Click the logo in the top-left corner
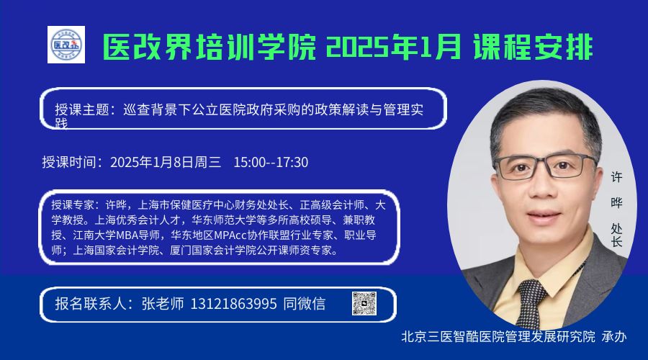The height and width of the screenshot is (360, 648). (x=66, y=45)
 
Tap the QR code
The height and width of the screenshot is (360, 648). (x=364, y=303)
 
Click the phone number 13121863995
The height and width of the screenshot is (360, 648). (x=233, y=305)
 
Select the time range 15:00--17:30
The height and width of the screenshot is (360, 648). (x=271, y=163)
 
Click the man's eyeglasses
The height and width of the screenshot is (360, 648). (x=546, y=166)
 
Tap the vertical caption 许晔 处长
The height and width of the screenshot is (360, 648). (x=616, y=210)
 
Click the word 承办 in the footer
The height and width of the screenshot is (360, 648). (x=614, y=336)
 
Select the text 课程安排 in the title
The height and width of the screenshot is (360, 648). (x=533, y=47)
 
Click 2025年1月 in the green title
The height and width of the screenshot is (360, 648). (x=393, y=47)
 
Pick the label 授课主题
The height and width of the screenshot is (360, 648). (x=82, y=109)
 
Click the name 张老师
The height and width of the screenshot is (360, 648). (x=163, y=305)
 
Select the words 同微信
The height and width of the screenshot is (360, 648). (x=304, y=305)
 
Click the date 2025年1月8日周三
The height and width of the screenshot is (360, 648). (x=166, y=163)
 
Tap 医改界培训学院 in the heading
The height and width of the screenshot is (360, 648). (x=209, y=47)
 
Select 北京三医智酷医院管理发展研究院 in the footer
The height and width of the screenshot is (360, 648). (x=498, y=336)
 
